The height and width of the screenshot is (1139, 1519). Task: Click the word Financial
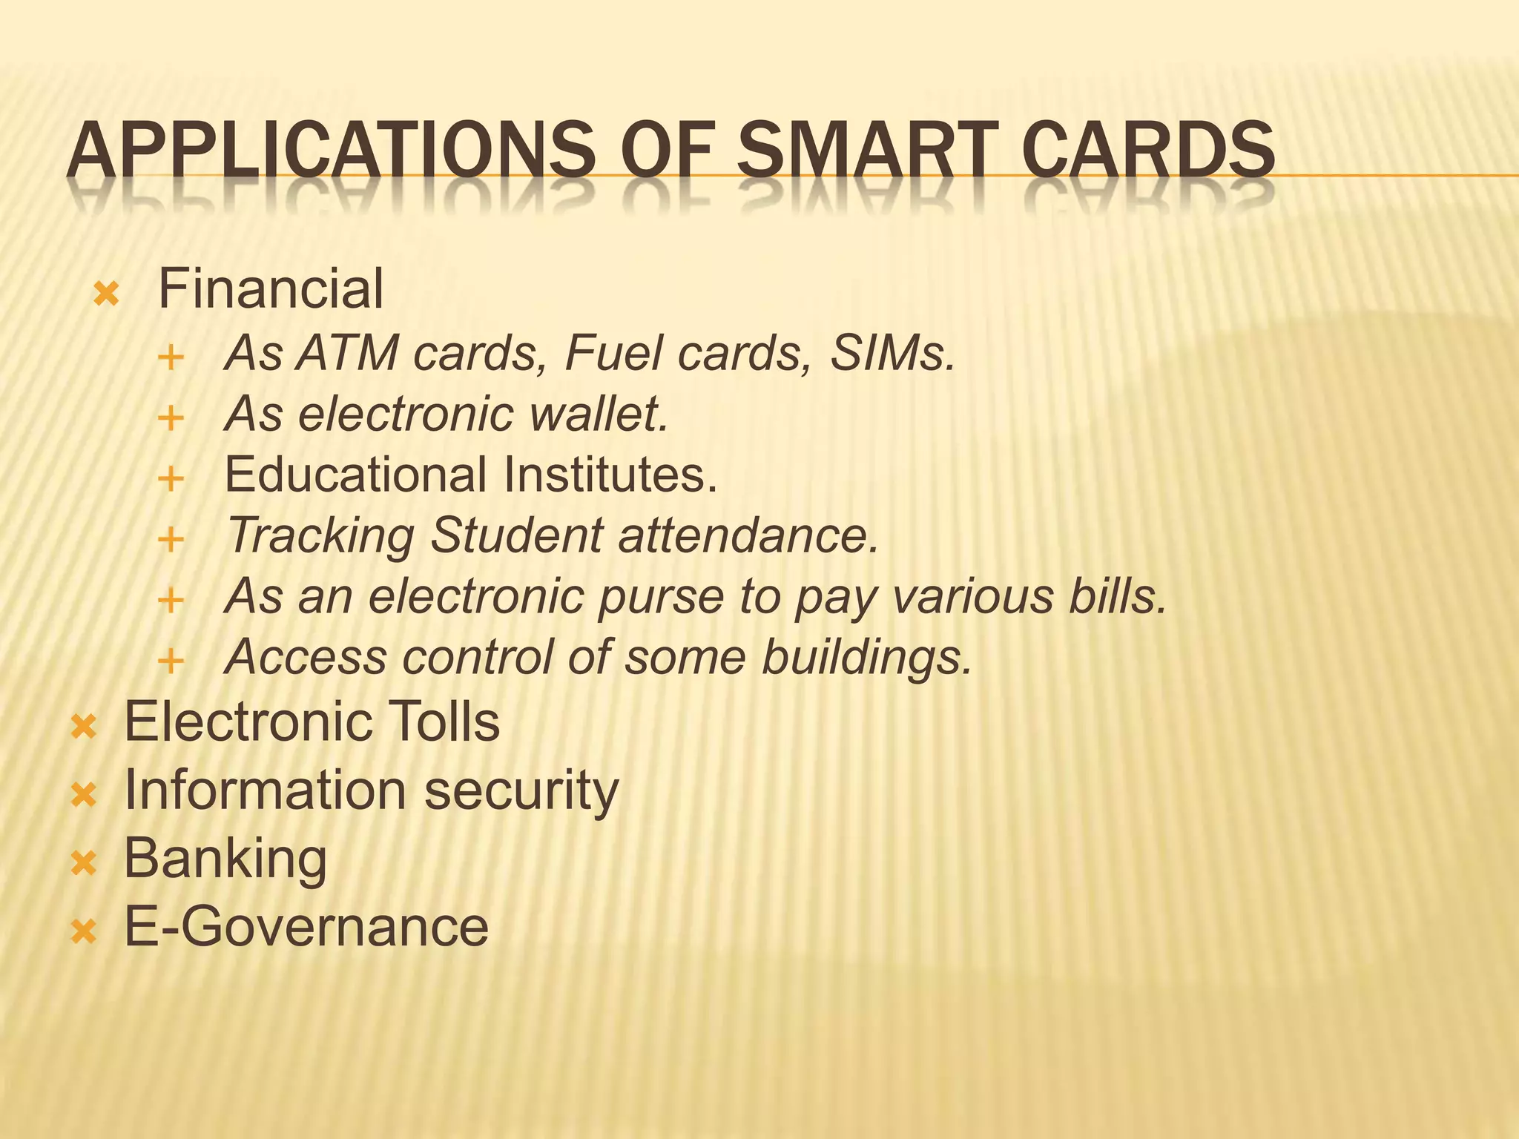271,289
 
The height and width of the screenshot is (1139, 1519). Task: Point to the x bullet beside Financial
106,295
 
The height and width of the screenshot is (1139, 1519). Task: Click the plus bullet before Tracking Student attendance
171,539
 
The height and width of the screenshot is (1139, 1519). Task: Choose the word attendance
748,535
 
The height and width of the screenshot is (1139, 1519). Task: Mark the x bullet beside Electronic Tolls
83,727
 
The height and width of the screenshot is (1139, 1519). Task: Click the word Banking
225,859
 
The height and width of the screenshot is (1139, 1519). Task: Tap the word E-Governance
306,927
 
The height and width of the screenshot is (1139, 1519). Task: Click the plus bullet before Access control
171,661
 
